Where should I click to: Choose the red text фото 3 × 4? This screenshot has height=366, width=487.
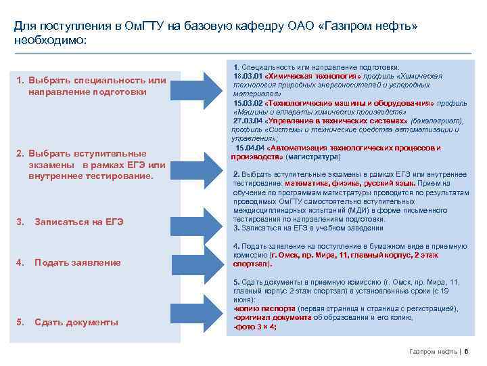click(255, 327)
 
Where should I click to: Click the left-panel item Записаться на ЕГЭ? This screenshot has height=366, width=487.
click(78, 222)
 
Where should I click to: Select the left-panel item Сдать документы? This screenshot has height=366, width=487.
click(76, 322)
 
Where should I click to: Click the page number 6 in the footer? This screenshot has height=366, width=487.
click(467, 351)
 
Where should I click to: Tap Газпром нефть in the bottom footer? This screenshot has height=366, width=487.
click(433, 351)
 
